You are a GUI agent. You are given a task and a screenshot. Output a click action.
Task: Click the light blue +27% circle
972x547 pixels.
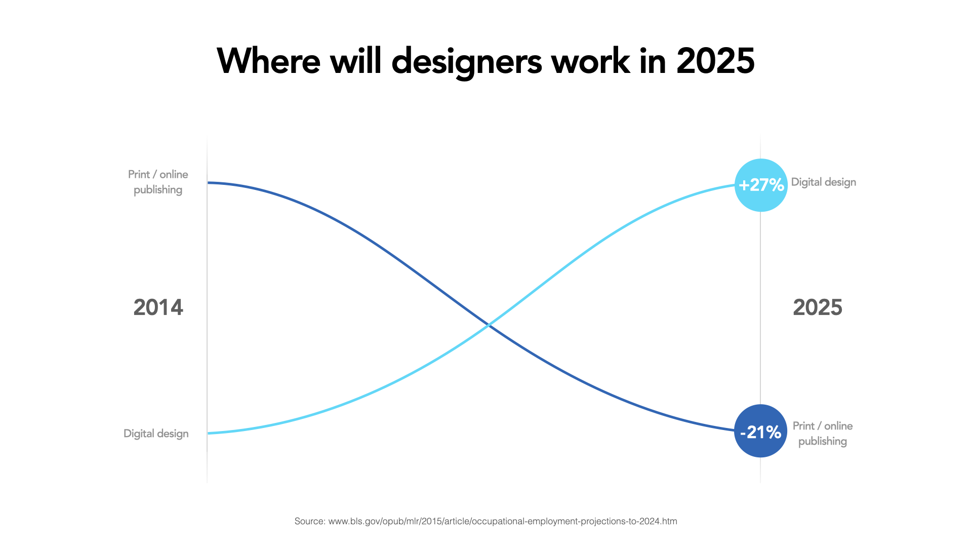761,185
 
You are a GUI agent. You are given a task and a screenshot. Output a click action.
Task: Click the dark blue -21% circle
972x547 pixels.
760,431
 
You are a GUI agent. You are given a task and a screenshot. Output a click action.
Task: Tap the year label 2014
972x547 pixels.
158,307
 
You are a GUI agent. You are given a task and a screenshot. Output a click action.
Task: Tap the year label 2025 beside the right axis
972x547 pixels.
817,307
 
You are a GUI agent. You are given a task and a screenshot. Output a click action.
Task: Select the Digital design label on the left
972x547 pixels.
156,434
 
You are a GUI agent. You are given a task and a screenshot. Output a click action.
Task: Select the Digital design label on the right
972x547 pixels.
823,182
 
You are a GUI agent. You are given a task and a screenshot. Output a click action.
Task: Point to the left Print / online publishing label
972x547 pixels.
158,182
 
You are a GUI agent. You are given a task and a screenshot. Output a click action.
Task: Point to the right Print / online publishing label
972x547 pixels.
823,434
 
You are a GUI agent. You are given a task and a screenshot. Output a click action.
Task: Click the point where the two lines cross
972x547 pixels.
488,325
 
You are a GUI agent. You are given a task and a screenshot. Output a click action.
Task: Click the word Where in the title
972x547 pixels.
268,61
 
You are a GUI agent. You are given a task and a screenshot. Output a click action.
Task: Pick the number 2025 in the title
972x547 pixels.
715,61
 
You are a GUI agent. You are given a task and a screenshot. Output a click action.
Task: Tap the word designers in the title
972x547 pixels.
466,61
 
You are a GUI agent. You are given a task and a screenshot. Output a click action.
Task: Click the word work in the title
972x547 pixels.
590,61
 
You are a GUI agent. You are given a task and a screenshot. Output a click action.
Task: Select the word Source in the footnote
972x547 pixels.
309,521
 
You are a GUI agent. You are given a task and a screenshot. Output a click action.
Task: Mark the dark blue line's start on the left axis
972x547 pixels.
209,182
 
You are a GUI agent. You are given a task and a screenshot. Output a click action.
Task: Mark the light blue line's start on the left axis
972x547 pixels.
209,433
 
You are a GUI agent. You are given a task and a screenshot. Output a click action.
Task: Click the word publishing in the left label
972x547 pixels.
158,190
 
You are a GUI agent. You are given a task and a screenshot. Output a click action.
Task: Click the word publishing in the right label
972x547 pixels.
823,441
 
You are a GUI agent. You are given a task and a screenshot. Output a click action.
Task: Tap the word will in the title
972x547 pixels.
355,61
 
